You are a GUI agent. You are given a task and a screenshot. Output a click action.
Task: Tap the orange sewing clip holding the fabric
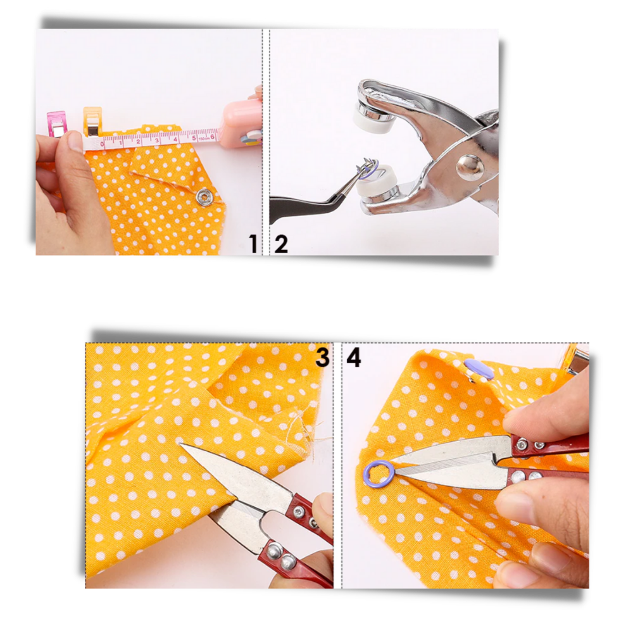(92, 120)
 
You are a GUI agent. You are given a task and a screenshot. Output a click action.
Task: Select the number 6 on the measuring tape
(212, 135)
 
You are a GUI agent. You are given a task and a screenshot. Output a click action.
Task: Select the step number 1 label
(253, 244)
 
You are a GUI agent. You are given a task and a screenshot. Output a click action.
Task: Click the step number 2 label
(281, 244)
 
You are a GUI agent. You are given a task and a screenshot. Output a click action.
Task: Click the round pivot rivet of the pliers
(470, 166)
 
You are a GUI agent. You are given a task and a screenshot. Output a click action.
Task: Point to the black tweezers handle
(298, 206)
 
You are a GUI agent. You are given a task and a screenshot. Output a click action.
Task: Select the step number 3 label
(323, 358)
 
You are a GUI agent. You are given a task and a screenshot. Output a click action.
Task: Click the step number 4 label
(353, 358)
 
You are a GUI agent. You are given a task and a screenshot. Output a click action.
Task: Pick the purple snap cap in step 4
(479, 370)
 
